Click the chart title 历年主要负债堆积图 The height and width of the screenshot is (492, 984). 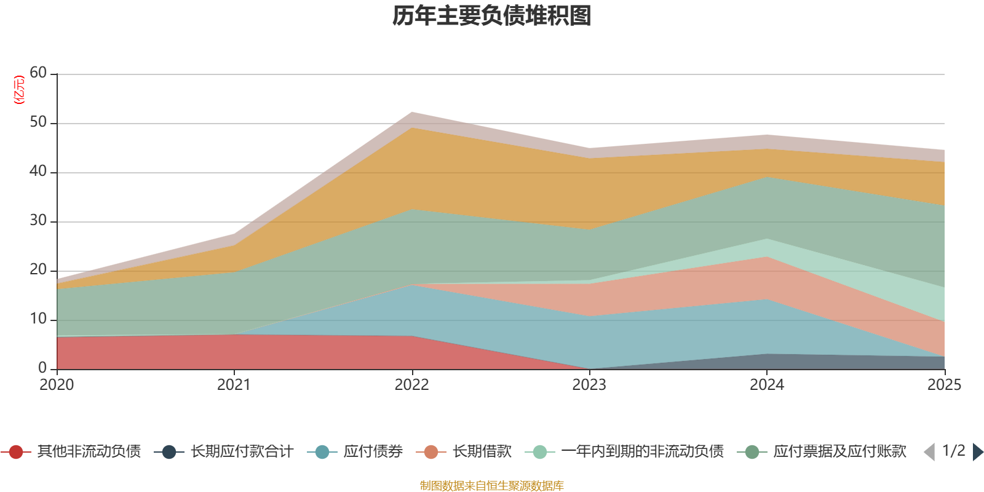point(492,16)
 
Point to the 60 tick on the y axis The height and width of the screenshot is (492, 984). point(38,73)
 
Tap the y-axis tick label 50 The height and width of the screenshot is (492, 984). point(38,122)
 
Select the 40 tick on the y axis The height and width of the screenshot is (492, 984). point(38,172)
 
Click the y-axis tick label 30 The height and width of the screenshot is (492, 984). point(38,221)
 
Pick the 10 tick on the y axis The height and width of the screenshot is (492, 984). point(38,319)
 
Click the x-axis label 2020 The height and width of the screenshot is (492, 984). point(57,385)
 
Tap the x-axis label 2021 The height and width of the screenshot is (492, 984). point(234,385)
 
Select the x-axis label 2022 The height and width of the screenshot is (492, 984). point(411,385)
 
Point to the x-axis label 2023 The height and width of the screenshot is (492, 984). point(589,385)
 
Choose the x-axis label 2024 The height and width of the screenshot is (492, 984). point(766,385)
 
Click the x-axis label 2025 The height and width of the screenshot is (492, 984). point(943,385)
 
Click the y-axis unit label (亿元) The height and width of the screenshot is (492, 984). point(20,90)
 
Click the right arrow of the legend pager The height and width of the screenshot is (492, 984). point(977,452)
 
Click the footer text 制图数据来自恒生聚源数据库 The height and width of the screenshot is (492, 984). point(492,486)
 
